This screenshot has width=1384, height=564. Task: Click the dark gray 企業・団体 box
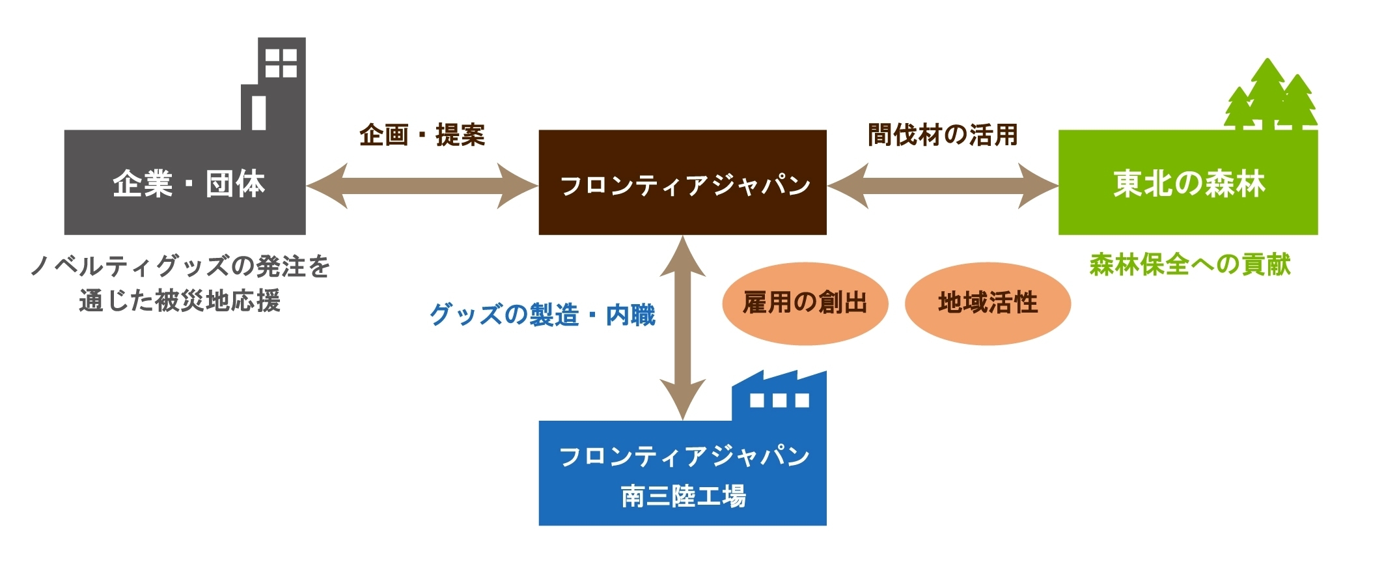(185, 182)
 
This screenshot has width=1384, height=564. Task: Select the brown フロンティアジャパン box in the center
(682, 182)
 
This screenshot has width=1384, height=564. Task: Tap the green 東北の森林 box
(1188, 182)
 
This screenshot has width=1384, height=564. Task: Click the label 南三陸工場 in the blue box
(684, 496)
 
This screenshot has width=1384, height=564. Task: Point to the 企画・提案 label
(422, 135)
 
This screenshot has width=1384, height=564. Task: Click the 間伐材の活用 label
(943, 135)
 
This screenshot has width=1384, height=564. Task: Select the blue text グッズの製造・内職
(542, 315)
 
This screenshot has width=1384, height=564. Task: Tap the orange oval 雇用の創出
(805, 303)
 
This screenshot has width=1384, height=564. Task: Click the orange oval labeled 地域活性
(988, 303)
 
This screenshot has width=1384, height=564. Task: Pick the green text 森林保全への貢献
(1190, 265)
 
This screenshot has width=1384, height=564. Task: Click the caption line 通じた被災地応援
(180, 301)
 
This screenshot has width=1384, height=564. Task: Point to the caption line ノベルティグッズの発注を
(180, 266)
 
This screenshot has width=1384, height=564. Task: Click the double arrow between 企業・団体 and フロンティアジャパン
(422, 186)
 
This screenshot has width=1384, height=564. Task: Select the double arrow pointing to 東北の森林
(943, 186)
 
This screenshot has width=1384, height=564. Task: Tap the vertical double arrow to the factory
(683, 328)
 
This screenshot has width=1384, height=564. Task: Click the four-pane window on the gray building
(281, 63)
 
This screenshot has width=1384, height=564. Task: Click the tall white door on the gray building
(258, 113)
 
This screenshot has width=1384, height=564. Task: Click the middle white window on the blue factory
(779, 400)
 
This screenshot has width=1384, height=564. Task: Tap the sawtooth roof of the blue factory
(779, 380)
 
